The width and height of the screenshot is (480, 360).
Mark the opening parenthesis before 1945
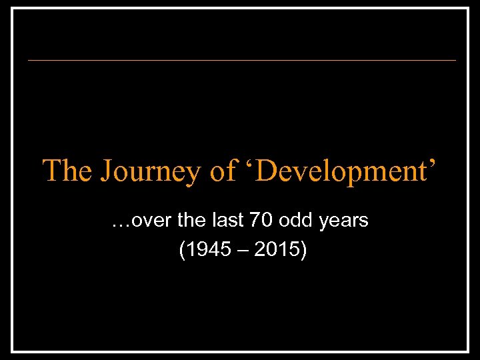183,251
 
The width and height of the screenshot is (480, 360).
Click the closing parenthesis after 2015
303,251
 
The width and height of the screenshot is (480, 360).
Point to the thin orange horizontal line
241,61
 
